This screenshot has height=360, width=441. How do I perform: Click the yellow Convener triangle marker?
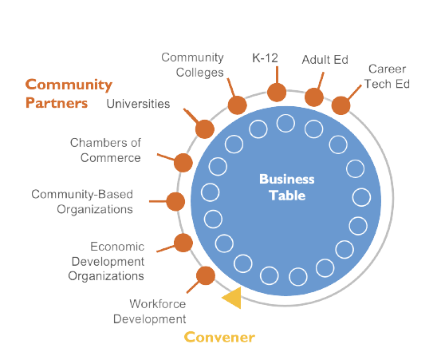(x=231, y=299)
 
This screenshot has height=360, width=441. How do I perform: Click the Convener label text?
(x=219, y=337)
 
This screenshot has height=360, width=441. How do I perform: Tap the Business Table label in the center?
(x=286, y=187)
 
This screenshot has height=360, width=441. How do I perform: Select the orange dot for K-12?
(x=277, y=92)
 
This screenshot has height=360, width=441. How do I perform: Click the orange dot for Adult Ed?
(x=314, y=97)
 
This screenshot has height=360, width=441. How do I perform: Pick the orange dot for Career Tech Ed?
(x=341, y=105)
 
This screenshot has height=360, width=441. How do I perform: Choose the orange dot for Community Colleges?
(x=237, y=105)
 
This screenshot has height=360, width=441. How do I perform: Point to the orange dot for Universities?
(x=204, y=129)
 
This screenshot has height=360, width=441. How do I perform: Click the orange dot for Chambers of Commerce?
(x=183, y=162)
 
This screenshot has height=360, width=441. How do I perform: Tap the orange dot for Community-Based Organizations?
(x=175, y=201)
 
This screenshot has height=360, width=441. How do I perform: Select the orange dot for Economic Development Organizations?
(x=183, y=243)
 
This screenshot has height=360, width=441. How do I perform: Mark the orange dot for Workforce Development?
(x=205, y=275)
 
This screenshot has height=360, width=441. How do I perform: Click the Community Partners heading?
(x=69, y=93)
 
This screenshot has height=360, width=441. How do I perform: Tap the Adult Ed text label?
(x=325, y=60)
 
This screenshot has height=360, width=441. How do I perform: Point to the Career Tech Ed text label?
(x=388, y=77)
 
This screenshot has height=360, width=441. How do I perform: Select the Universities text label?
(x=138, y=104)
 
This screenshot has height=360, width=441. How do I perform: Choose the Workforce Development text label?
(x=157, y=311)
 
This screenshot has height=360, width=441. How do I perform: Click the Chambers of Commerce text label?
(x=105, y=150)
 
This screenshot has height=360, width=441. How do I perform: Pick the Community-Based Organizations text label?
(x=81, y=201)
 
